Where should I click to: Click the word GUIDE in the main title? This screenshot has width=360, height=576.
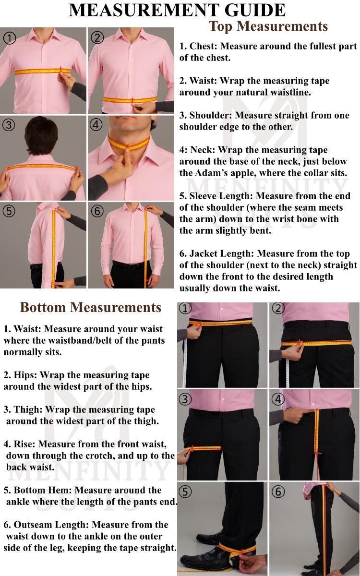255,10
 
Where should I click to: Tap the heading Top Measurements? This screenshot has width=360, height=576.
268,26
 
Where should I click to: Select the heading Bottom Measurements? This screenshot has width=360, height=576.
91,307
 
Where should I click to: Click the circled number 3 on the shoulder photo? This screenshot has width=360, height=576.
9,125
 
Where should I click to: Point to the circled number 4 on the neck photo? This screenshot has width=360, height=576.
96,125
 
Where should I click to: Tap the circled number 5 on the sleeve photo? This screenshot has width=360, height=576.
9,211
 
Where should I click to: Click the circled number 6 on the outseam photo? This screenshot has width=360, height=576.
278,492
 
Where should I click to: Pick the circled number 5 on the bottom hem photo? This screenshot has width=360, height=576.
185,492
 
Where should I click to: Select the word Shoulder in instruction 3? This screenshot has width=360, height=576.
211,115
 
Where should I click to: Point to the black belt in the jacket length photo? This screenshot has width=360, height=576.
128,265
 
